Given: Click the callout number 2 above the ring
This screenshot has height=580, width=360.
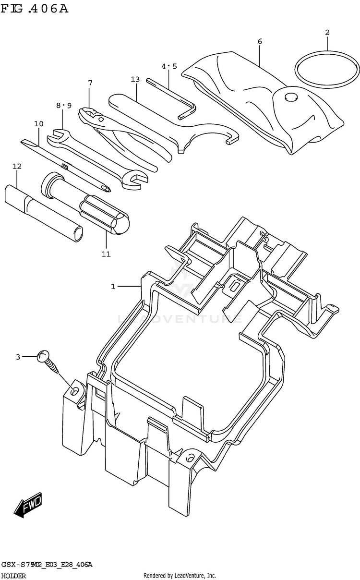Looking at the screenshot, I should coord(327,33).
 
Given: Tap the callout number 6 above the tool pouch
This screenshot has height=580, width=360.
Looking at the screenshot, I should coord(260,41).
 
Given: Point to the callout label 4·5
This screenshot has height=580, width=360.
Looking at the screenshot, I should coord(169,66).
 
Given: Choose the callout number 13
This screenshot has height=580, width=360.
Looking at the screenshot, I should coord(135,79).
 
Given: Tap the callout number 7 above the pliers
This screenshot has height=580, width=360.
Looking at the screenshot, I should coord(90,83).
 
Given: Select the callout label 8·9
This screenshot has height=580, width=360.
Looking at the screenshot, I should coord(63,105).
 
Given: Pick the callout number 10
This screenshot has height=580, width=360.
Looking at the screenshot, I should coord(39,124).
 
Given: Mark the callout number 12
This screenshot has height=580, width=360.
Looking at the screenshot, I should coord(17,166).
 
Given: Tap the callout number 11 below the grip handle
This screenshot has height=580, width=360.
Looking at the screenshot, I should coord(106,254).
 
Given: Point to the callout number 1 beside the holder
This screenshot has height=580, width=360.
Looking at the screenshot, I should coord(113,287).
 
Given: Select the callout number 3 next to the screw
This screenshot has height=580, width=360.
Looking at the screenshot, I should coord(18,357).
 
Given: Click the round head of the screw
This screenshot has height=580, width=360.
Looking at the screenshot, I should coord(43,356).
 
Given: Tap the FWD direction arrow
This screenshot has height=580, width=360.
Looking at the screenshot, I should coord(28,505).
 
